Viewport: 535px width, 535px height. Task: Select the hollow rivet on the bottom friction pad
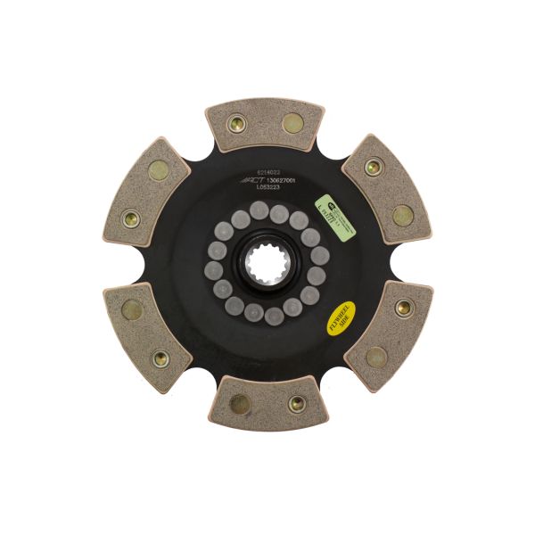click(297, 404)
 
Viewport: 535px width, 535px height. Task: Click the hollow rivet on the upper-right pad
click(374, 166)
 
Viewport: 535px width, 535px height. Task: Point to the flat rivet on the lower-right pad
click(374, 357)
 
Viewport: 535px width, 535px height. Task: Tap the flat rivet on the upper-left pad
click(159, 168)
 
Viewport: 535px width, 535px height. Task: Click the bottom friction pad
click(267, 406)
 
